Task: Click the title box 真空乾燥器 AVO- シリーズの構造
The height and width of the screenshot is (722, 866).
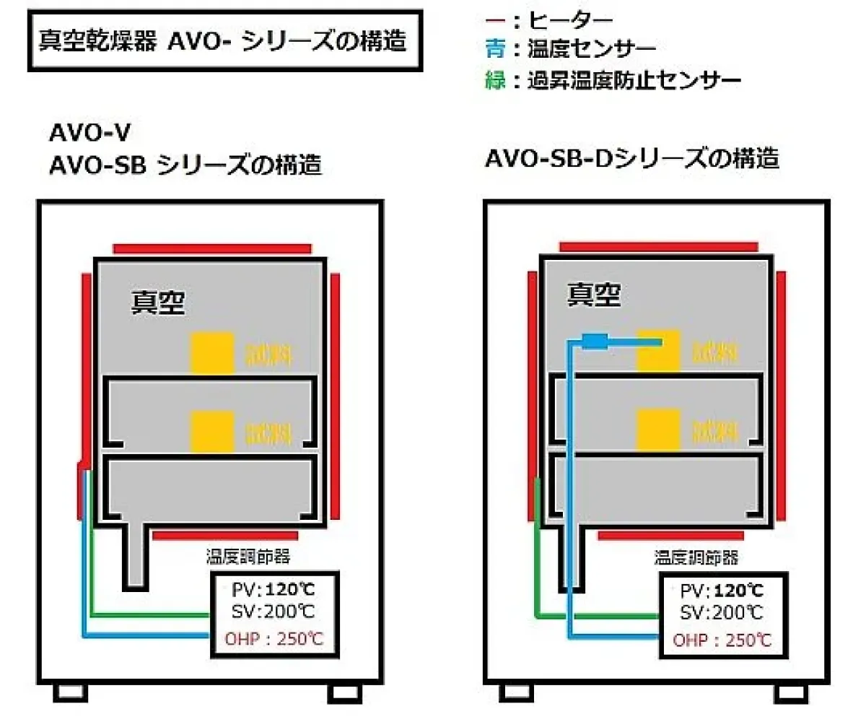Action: [224, 41]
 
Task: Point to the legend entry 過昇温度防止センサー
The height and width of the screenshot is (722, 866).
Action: [613, 79]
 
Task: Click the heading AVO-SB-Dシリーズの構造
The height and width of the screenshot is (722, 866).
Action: [633, 158]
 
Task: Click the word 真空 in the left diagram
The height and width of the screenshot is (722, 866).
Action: [157, 303]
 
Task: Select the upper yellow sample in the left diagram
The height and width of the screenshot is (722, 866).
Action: [211, 353]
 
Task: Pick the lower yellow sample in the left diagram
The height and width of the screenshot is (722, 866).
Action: [211, 431]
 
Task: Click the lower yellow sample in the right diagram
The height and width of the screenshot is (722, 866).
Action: [658, 430]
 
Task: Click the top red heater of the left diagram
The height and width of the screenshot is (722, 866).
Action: [211, 248]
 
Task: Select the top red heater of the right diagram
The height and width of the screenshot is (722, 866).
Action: [658, 247]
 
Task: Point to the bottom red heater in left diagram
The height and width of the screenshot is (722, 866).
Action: [225, 536]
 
